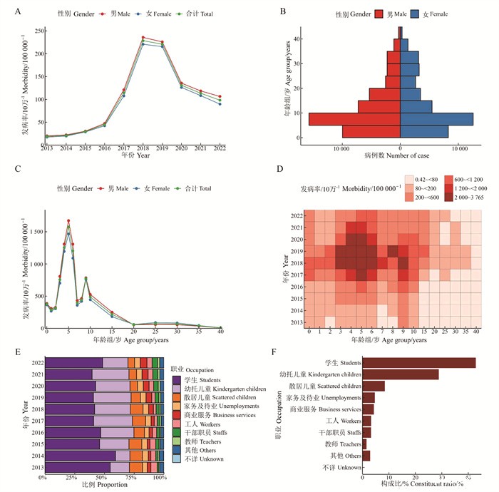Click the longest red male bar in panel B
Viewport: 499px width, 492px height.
354,119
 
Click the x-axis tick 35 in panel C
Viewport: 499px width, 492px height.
199,332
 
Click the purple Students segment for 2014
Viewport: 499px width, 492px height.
79,455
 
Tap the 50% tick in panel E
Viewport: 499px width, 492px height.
102,477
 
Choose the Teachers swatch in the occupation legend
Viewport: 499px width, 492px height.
176,442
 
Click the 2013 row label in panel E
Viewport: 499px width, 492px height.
34,467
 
